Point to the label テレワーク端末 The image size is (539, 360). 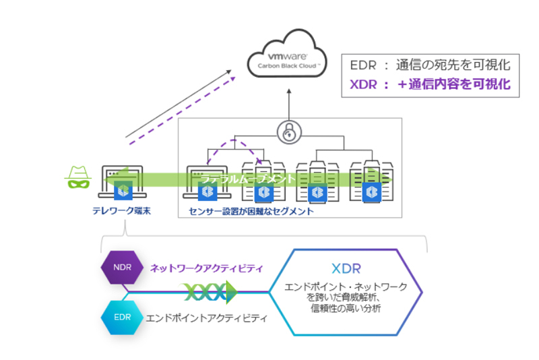[121, 211]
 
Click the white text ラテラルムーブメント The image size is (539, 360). [248, 179]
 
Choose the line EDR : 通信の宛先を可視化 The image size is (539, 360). [430, 65]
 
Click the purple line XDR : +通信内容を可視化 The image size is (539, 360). [430, 85]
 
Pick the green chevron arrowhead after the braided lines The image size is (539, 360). [231, 291]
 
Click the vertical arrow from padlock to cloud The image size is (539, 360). [288, 104]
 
